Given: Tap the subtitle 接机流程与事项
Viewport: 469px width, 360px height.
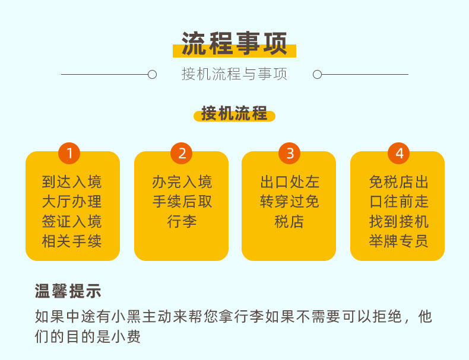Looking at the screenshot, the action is click(x=234, y=75).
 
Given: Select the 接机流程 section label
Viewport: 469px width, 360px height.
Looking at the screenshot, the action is click(x=234, y=113).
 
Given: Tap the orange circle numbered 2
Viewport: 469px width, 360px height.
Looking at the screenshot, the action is click(x=182, y=154).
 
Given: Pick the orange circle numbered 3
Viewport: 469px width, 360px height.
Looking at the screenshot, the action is click(x=290, y=154).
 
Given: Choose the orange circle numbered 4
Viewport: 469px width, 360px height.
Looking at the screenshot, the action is click(x=399, y=154).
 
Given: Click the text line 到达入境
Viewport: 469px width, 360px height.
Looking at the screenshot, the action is click(x=72, y=182).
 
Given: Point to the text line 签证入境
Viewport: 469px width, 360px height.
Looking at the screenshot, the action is click(x=72, y=222).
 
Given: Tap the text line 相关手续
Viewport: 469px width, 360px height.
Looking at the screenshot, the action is click(x=72, y=241).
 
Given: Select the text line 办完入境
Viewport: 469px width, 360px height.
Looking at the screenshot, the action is click(x=182, y=182).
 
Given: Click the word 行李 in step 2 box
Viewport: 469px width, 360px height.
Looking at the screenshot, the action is click(x=182, y=222).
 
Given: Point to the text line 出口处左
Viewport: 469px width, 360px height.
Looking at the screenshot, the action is click(x=290, y=182).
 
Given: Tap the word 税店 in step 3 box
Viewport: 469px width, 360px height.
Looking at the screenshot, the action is click(x=290, y=222).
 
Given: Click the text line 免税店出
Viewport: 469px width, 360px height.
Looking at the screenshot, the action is click(x=398, y=182).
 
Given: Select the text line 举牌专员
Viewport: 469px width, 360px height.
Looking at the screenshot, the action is click(x=398, y=241).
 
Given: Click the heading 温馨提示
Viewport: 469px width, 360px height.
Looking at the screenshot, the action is click(x=68, y=291).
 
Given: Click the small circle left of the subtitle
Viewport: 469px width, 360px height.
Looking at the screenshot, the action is click(x=152, y=75).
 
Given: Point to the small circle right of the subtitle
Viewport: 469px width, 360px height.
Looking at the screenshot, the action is click(x=317, y=75).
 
